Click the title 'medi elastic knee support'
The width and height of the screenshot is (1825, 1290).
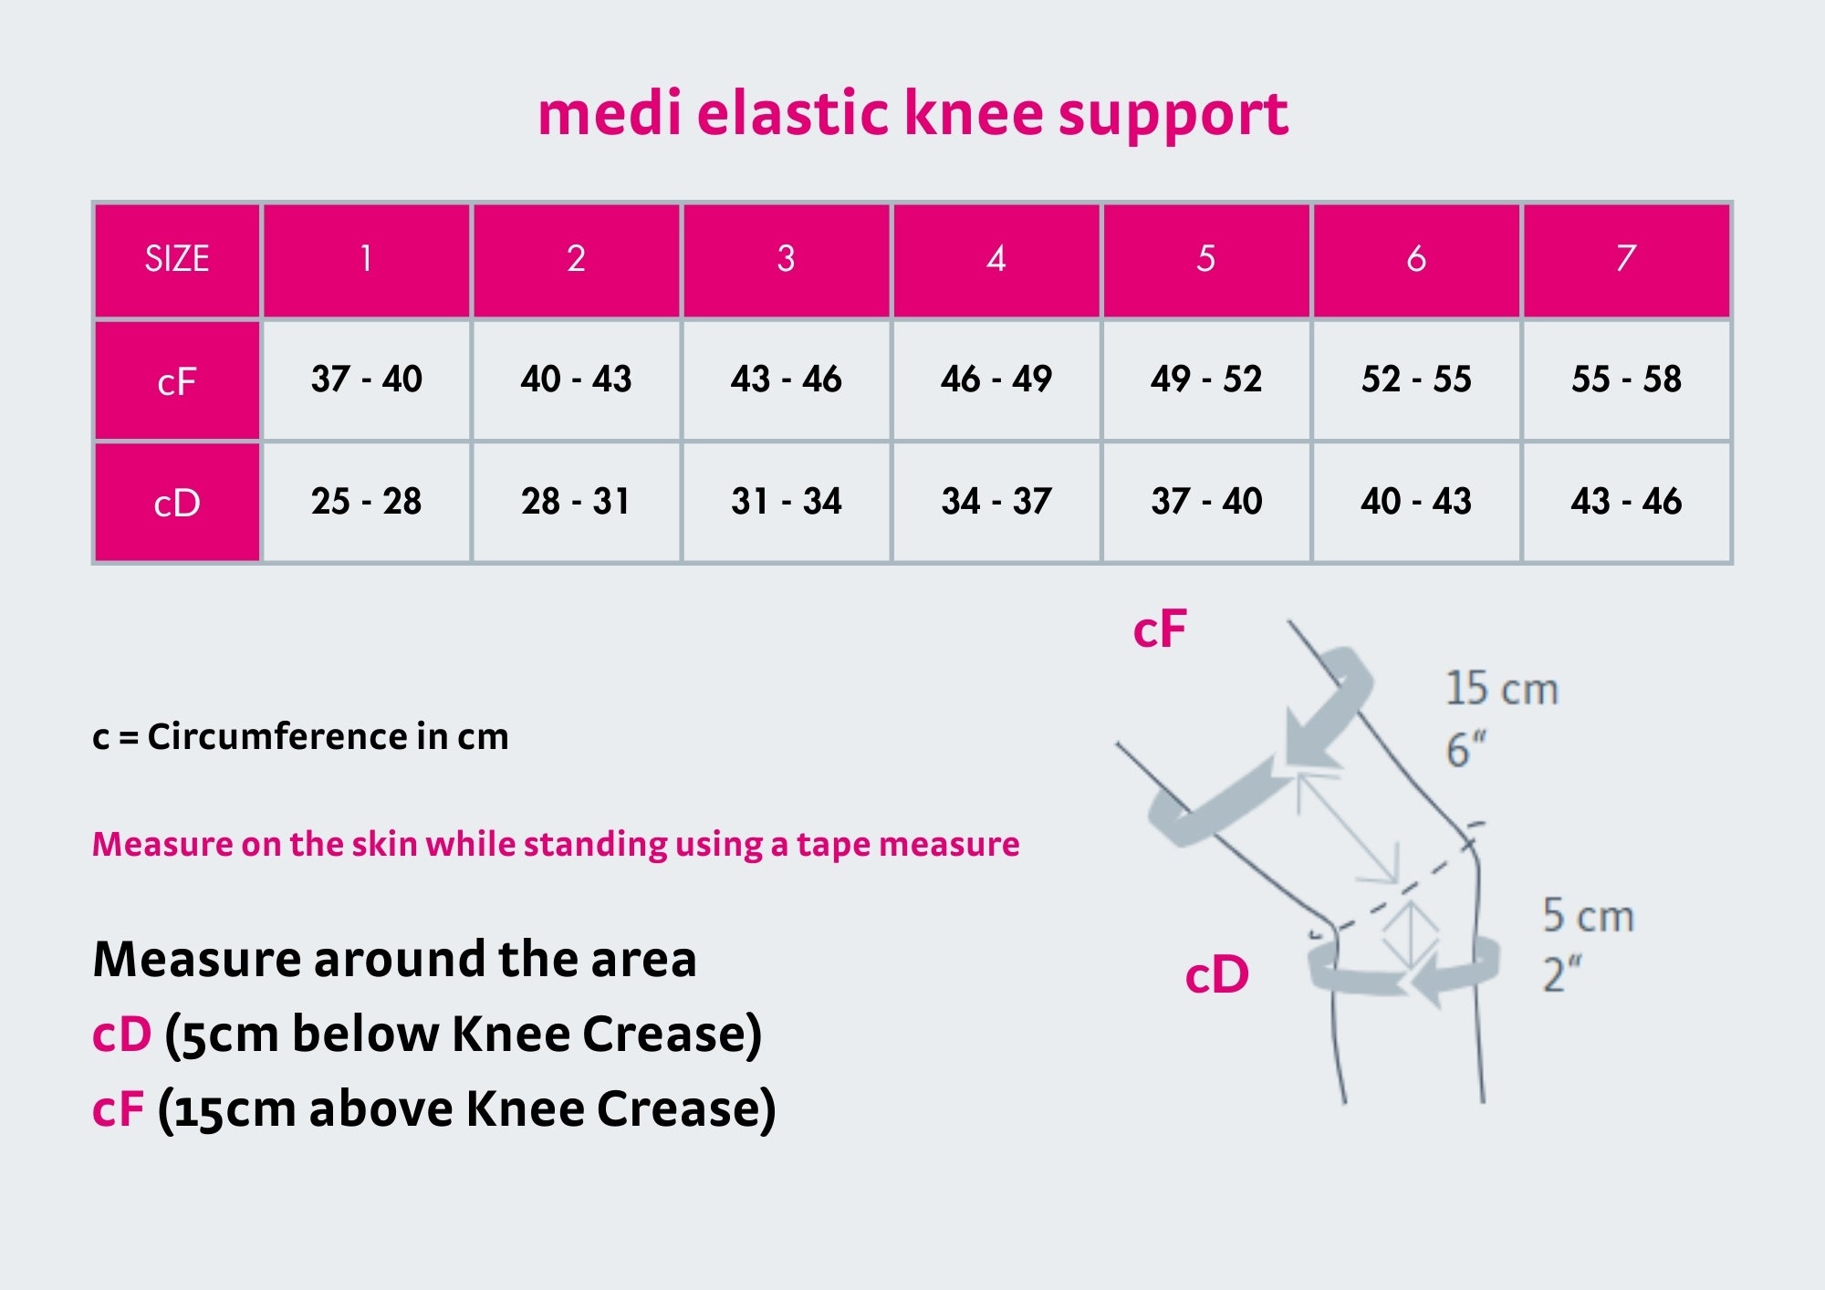pos(912,114)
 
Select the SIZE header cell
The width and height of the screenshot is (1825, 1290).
pos(177,259)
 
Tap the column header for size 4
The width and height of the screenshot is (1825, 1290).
pos(996,259)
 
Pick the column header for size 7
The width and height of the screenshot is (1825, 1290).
pos(1626,259)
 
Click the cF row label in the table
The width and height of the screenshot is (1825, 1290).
pos(177,380)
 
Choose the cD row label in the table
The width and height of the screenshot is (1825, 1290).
pos(177,503)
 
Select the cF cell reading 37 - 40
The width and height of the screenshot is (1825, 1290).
pos(366,380)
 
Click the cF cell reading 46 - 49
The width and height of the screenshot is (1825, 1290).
pos(996,380)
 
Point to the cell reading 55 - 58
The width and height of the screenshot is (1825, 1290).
pos(1626,380)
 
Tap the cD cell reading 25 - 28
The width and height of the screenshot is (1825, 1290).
pos(366,502)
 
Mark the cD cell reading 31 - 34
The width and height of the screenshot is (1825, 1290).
pos(786,502)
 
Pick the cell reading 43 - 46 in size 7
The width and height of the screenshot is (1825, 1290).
pos(1626,502)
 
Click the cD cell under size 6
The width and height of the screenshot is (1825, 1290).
pos(1416,502)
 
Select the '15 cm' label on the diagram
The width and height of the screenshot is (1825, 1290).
pos(1502,689)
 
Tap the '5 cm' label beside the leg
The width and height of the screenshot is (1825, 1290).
pos(1588,915)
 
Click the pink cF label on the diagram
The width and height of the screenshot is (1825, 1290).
pos(1160,629)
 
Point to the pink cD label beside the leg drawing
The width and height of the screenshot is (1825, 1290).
pos(1216,974)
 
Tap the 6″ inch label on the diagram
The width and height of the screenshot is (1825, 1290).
pos(1465,750)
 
